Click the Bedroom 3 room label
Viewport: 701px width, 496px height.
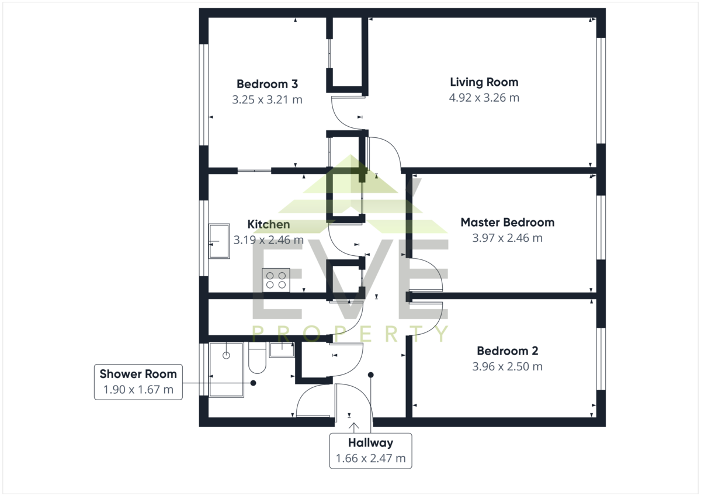(x=267, y=84)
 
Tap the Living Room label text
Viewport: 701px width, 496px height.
(x=484, y=82)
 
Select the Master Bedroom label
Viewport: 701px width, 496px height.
(x=507, y=222)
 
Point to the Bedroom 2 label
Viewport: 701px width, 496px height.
(x=507, y=351)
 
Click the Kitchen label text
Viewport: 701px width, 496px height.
(x=269, y=224)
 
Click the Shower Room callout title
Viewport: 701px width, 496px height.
(x=138, y=374)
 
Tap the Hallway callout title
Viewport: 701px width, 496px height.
(x=370, y=443)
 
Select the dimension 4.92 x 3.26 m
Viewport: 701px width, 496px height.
(x=484, y=98)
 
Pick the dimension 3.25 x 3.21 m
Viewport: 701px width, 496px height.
(x=267, y=99)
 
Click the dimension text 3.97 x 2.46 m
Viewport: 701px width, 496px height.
(x=507, y=238)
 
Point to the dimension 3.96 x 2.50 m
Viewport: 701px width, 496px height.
(x=507, y=366)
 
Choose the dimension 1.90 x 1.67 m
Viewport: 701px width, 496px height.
(x=138, y=390)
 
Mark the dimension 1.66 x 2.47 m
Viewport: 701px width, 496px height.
(x=370, y=459)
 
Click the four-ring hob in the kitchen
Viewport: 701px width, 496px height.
(x=276, y=280)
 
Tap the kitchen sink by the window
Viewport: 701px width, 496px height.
(x=219, y=241)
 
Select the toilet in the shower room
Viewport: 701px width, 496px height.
(x=257, y=358)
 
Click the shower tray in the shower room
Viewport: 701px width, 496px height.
(x=226, y=370)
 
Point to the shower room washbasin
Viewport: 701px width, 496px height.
(x=282, y=350)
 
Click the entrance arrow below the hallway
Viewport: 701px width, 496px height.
(x=354, y=428)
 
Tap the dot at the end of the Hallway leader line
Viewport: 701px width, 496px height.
(x=370, y=375)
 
